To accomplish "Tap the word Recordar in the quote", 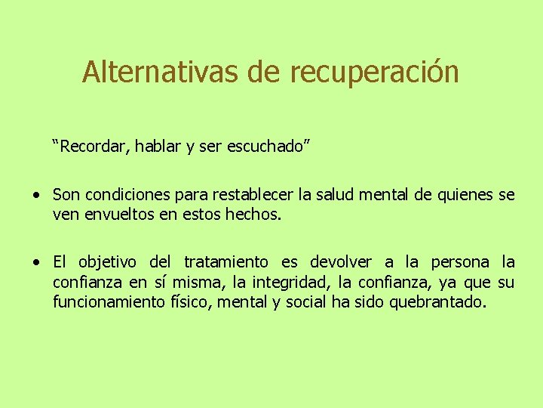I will (x=92, y=145).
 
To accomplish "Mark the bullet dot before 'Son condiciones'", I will (x=36, y=196).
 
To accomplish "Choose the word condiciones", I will (x=127, y=195).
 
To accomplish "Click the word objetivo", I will (x=106, y=263).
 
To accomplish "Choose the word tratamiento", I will (x=226, y=263).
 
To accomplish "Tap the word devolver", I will (x=341, y=262).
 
